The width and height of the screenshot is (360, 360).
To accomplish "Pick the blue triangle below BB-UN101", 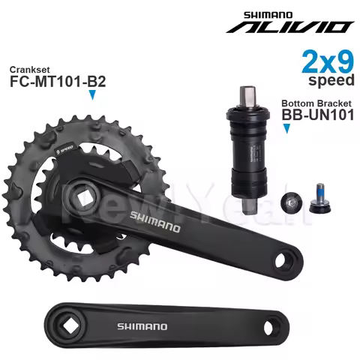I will pyautogui.click(x=286, y=130).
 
